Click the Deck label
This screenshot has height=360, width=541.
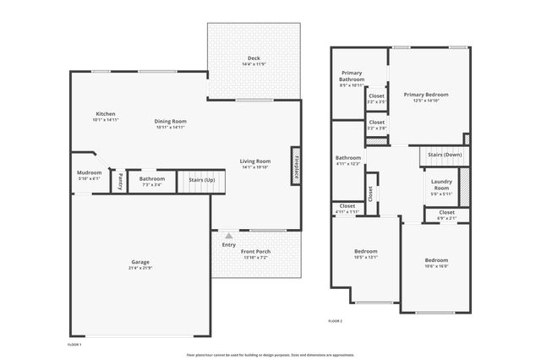tap(254, 58)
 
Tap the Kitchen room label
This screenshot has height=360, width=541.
tap(106, 114)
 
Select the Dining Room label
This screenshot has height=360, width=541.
tap(171, 121)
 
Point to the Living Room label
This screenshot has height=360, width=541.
tap(254, 161)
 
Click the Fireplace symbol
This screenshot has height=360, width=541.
tap(296, 164)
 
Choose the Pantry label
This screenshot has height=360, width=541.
tap(120, 180)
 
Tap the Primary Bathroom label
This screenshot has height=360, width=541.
tap(352, 77)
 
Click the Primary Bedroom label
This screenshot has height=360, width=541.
tap(425, 95)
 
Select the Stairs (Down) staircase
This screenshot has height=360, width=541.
tap(444, 155)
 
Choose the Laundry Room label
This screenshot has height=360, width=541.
tap(440, 185)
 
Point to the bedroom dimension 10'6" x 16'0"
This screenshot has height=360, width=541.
tap(436, 266)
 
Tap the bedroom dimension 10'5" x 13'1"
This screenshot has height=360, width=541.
tap(365, 258)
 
